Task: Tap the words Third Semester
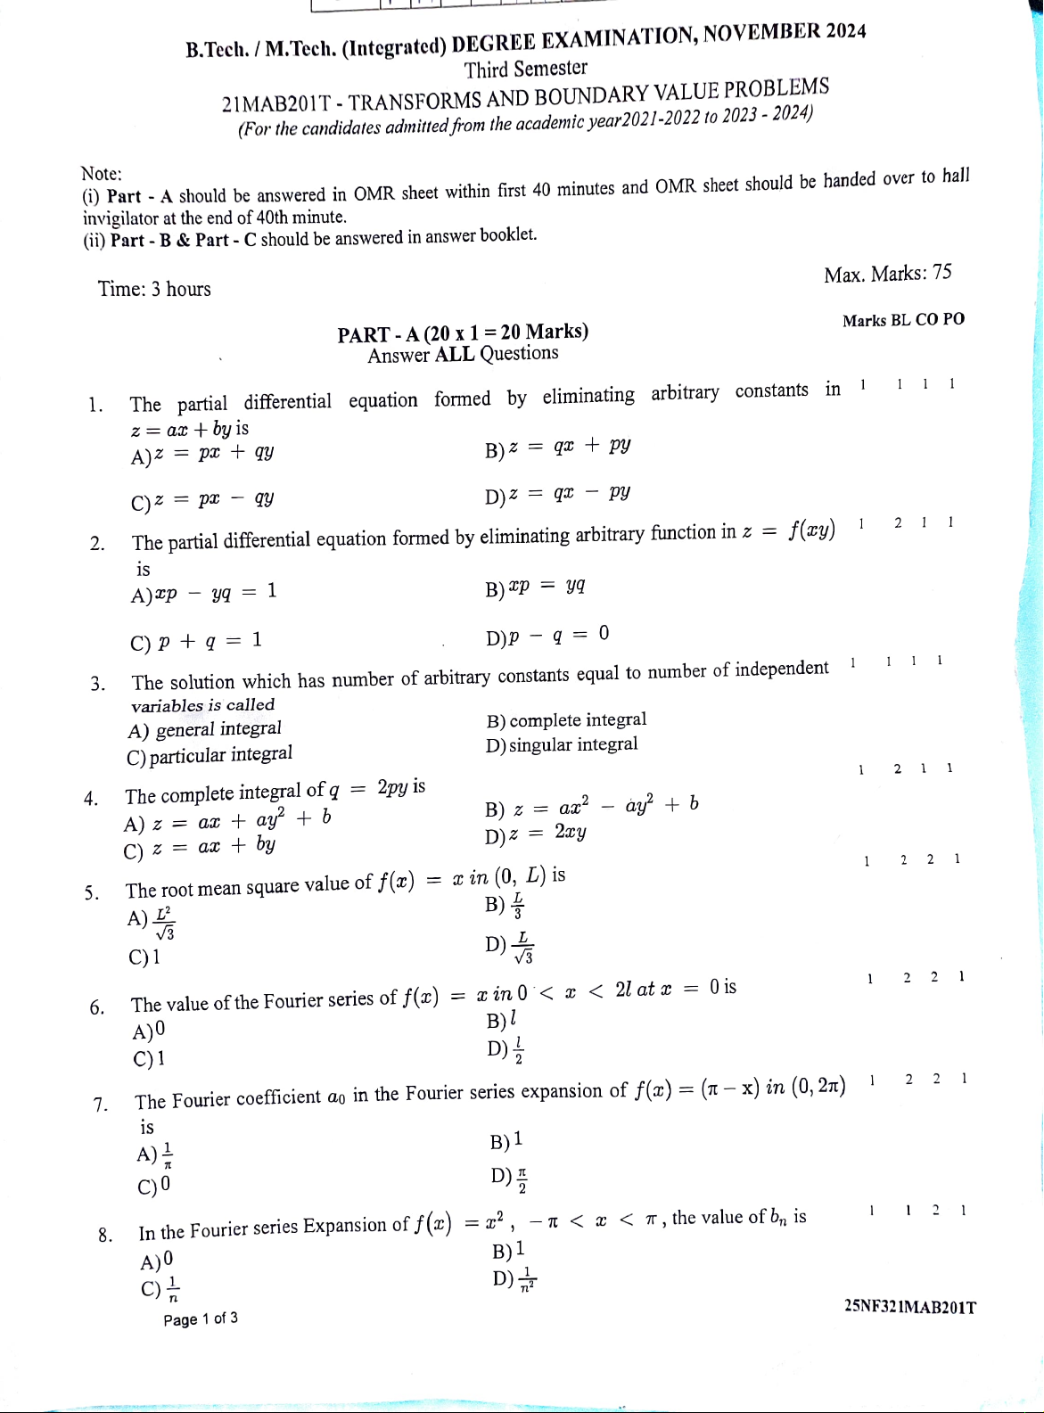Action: (526, 70)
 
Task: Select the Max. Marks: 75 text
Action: (887, 274)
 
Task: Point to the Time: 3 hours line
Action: (155, 289)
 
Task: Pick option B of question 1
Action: (559, 447)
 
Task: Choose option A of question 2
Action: (204, 593)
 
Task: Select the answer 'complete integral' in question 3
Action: (567, 720)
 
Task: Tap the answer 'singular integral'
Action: (563, 744)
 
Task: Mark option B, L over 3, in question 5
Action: (506, 906)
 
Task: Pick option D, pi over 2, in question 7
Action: (511, 1179)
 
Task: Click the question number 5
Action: (91, 893)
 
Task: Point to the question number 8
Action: (105, 1236)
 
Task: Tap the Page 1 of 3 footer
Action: (201, 1319)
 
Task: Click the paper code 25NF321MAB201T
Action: (908, 1308)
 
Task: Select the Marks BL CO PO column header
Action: (902, 320)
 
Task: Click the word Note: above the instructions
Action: (102, 173)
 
